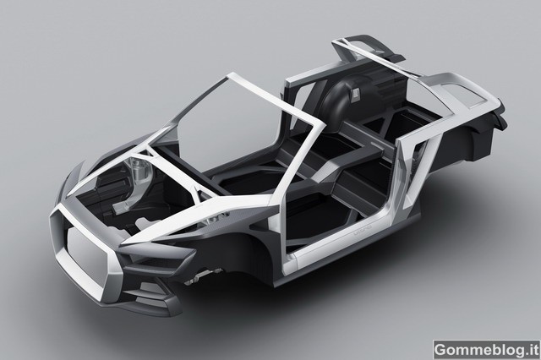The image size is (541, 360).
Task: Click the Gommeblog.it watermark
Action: pos(486,350)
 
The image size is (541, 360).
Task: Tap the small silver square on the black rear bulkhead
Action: pos(354,95)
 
